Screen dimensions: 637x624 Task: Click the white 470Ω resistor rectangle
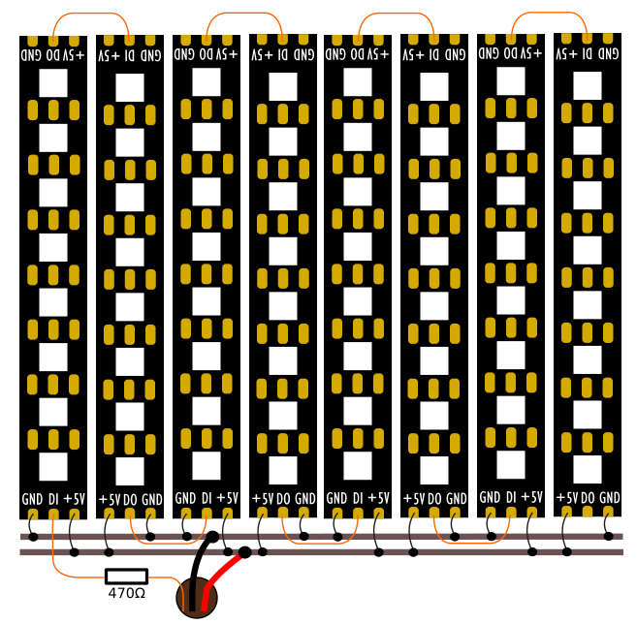click(126, 577)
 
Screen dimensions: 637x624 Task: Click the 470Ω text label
click(127, 594)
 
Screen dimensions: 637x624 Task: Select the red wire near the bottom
click(223, 577)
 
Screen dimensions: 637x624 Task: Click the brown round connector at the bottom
click(197, 598)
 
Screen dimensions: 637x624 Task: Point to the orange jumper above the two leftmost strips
click(90, 14)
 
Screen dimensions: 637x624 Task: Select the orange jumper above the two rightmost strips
click(549, 13)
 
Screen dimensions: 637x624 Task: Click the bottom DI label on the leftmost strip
click(53, 499)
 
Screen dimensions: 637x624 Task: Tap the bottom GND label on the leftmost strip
click(32, 499)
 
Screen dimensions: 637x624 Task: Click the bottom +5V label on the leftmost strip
click(75, 499)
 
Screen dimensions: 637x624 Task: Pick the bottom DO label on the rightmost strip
click(588, 498)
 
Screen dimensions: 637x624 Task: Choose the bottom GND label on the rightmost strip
click(610, 498)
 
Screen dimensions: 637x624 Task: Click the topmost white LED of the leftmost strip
click(53, 82)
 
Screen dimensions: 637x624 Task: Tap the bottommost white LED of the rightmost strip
click(588, 469)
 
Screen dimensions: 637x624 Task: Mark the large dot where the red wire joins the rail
click(244, 552)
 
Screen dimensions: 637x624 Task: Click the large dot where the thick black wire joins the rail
click(212, 537)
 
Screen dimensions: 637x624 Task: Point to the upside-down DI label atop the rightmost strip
click(587, 54)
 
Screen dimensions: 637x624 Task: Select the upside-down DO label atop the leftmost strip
click(52, 55)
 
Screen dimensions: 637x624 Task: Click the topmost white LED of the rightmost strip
click(588, 85)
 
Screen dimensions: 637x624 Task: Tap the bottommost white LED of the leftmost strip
click(53, 467)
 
